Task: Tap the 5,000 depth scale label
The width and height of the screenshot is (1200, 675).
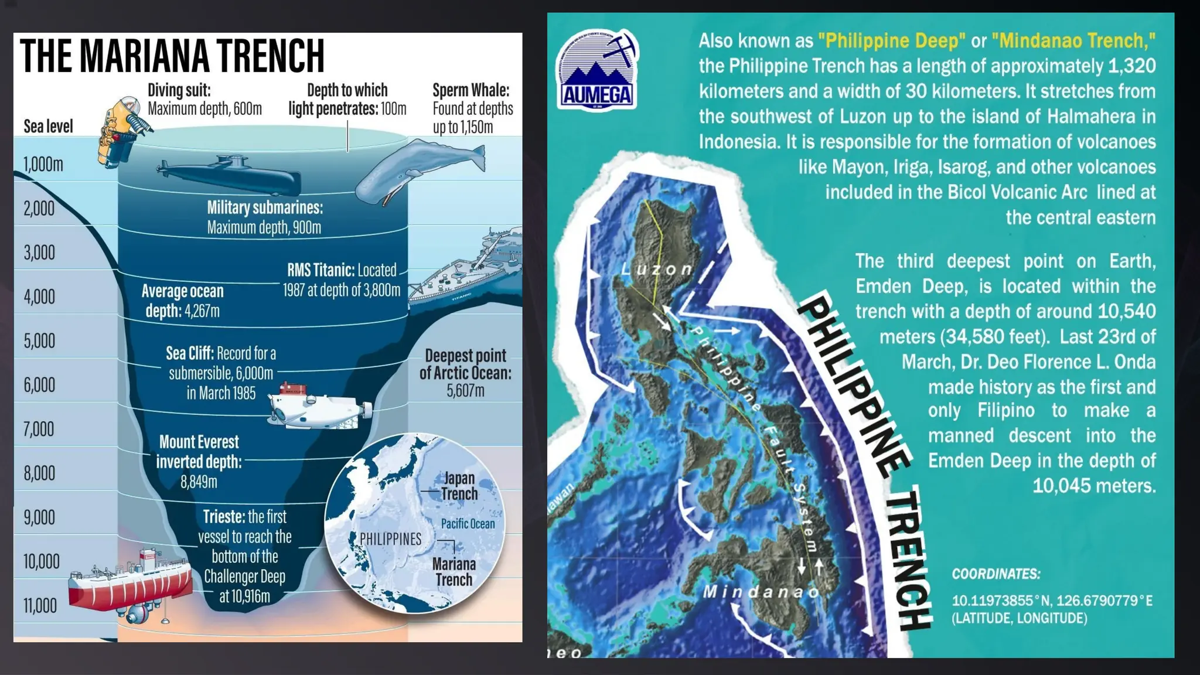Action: (39, 341)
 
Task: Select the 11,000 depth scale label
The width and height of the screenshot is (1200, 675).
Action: (40, 606)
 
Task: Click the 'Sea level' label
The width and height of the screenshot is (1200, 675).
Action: (48, 127)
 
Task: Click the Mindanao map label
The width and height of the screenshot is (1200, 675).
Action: (761, 592)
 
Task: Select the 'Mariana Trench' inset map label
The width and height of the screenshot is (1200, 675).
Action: (454, 572)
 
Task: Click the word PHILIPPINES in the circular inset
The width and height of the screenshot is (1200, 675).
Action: (390, 539)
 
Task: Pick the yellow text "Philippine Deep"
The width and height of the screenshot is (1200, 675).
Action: (891, 41)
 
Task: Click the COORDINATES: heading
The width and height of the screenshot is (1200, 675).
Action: (996, 574)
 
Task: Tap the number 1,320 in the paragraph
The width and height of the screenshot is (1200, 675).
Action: (1131, 66)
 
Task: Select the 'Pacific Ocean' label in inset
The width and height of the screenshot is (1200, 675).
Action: (468, 524)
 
